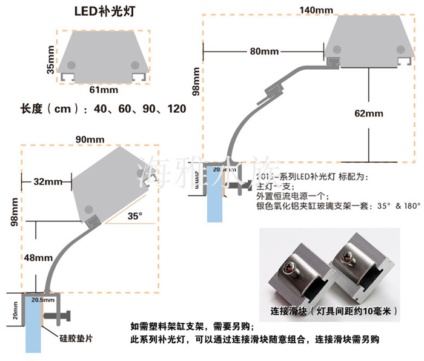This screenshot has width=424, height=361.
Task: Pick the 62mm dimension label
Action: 368,113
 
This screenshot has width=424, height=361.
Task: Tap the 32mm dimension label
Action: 47,181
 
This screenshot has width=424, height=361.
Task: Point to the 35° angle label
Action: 134,215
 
